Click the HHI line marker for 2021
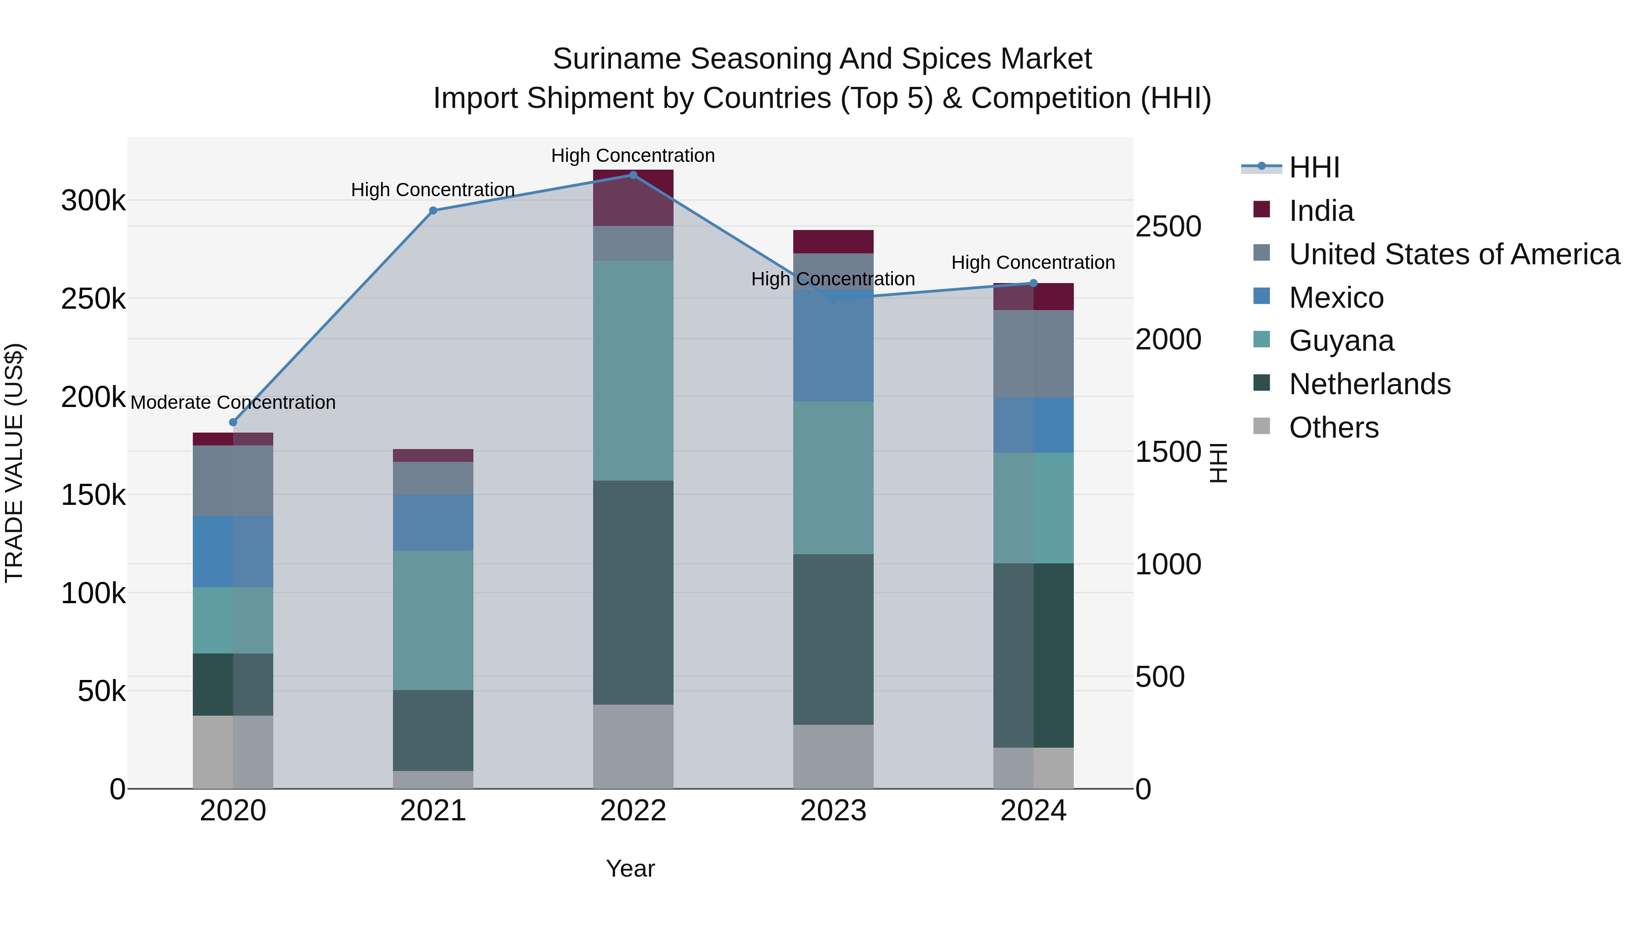pyautogui.click(x=433, y=210)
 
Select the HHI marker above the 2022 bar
pyautogui.click(x=633, y=175)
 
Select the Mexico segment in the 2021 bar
pyautogui.click(x=433, y=522)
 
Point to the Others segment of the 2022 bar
pyautogui.click(x=633, y=746)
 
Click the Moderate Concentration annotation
pyautogui.click(x=233, y=402)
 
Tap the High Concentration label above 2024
pyautogui.click(x=1033, y=262)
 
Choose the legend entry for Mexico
pyautogui.click(x=1336, y=297)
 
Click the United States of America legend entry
pyautogui.click(x=1454, y=254)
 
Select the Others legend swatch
pyautogui.click(x=1261, y=426)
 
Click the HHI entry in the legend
pyautogui.click(x=1314, y=167)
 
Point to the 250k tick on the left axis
pyautogui.click(x=93, y=299)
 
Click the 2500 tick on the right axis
pyautogui.click(x=1168, y=226)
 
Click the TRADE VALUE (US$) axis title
pyautogui.click(x=14, y=463)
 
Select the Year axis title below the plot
pyautogui.click(x=630, y=868)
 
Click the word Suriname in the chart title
pyautogui.click(x=617, y=59)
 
